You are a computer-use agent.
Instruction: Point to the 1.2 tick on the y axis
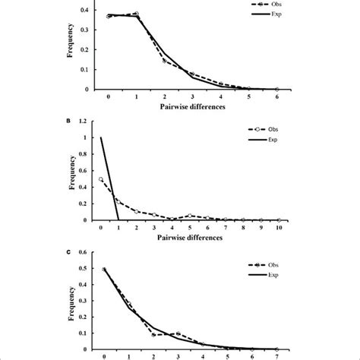[x=87, y=121]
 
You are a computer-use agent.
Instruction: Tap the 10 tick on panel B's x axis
[x=279, y=227]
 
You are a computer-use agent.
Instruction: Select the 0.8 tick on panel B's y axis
[x=87, y=154]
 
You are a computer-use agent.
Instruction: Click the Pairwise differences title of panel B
[x=191, y=236]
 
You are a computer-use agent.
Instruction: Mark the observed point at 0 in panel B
[x=101, y=179]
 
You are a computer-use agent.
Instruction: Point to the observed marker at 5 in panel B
[x=190, y=216]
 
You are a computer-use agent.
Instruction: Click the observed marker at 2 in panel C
[x=153, y=334]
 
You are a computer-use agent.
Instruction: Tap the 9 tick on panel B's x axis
[x=261, y=227]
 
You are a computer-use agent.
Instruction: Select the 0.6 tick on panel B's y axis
[x=87, y=171]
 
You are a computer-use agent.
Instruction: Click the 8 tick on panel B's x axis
[x=243, y=227]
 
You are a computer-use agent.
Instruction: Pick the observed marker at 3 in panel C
[x=178, y=334]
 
